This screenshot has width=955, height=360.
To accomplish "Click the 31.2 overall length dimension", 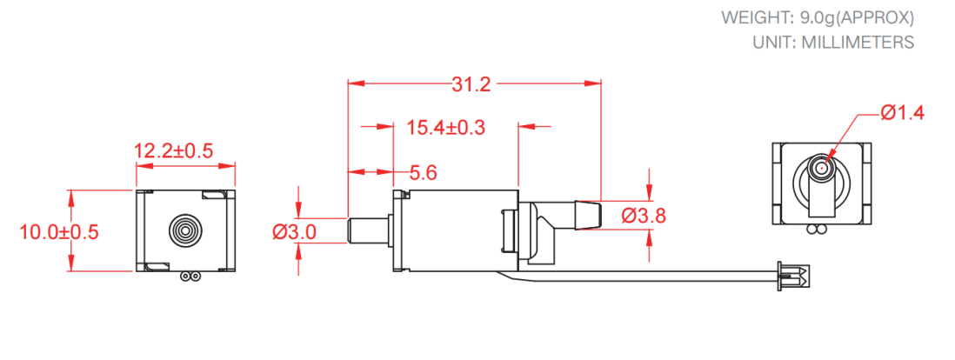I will click(x=472, y=84).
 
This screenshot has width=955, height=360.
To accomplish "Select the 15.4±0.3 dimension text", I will click(x=445, y=128).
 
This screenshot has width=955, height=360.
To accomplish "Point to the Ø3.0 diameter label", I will click(x=293, y=231).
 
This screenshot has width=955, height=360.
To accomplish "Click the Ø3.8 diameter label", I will click(x=644, y=216).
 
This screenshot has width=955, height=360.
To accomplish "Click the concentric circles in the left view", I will click(x=184, y=230).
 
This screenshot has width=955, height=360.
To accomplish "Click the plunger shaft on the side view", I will click(x=369, y=231).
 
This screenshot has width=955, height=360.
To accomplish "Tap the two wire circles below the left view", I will click(x=188, y=277).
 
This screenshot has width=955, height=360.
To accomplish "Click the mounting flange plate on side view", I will click(x=400, y=231).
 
